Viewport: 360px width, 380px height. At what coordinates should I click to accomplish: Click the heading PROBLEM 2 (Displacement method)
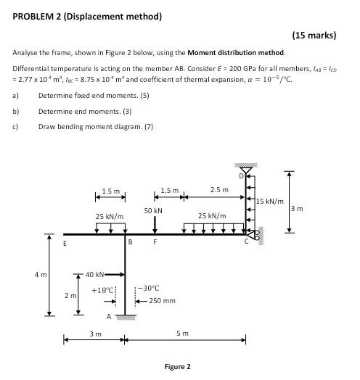(x=87, y=16)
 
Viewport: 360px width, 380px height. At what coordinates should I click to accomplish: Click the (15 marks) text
(x=319, y=34)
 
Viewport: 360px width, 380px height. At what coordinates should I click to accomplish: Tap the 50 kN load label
(x=153, y=210)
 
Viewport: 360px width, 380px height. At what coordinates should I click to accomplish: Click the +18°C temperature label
(x=102, y=290)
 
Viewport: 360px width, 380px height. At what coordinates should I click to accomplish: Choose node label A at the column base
(x=109, y=316)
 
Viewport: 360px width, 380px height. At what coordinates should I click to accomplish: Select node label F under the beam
(x=154, y=243)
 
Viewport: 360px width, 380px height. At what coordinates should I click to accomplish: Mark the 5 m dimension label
(x=184, y=334)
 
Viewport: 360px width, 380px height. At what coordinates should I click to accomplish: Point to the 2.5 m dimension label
(x=218, y=190)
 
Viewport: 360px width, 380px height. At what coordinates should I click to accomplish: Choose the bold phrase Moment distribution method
(x=236, y=52)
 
